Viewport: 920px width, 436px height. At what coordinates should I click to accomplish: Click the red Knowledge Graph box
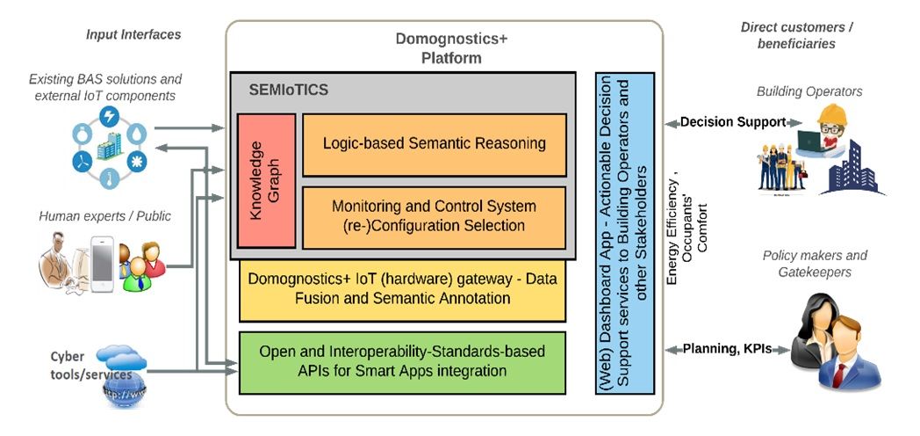click(266, 181)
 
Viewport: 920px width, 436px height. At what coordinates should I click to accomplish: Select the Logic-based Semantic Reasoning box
click(434, 143)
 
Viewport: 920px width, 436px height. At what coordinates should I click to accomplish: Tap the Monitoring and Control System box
click(434, 216)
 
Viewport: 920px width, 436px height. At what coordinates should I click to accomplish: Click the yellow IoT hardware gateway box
click(403, 289)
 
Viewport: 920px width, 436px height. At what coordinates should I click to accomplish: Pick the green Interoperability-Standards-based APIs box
click(403, 361)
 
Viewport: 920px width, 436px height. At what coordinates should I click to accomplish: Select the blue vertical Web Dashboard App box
click(624, 233)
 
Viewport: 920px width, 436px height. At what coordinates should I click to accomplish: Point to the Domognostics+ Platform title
click(451, 48)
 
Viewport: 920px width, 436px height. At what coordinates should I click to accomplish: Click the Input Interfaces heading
click(133, 34)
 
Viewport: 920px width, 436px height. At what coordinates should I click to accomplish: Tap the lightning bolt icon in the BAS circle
click(109, 116)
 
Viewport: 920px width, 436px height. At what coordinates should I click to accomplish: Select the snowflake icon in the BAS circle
click(137, 163)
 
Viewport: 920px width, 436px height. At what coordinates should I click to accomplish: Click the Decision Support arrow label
click(732, 122)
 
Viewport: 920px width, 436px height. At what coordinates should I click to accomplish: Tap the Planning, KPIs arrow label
click(727, 349)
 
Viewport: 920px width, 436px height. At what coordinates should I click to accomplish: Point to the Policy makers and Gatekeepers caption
click(815, 264)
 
